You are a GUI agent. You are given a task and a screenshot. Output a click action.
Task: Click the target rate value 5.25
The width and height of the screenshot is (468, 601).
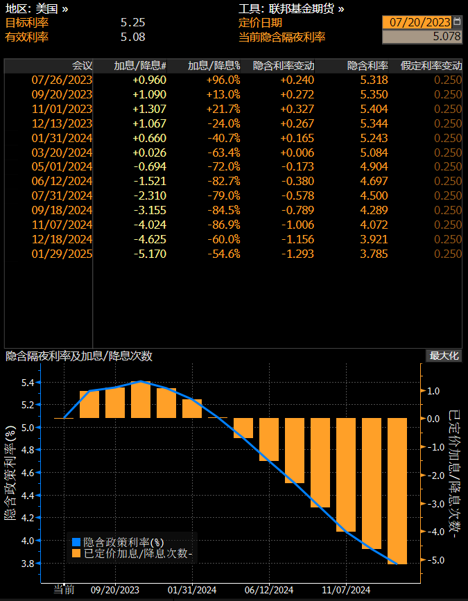132,22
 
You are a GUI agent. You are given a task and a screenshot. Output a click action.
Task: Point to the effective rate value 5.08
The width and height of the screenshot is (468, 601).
132,37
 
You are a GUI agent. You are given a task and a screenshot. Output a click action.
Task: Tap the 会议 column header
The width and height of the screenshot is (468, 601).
82,66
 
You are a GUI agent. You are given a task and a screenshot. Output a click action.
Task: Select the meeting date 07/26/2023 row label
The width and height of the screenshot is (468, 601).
62,80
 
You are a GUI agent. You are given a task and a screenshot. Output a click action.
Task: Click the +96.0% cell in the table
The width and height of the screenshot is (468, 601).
224,80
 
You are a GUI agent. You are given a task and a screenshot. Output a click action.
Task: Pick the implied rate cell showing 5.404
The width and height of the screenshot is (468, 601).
374,109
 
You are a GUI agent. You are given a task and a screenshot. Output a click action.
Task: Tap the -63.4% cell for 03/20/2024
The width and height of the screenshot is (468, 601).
224,153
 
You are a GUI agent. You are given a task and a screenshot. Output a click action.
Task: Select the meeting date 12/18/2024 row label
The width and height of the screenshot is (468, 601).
62,239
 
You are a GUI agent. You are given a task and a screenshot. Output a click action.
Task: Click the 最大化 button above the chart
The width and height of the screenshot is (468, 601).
444,356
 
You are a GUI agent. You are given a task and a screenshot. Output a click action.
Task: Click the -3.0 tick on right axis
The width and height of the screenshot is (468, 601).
433,504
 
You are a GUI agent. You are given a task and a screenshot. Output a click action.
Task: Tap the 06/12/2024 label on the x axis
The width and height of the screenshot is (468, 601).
270,590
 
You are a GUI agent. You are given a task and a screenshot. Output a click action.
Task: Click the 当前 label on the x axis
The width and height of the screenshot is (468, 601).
64,590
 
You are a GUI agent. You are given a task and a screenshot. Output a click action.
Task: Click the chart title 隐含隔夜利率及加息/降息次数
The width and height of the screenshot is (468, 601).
79,356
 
